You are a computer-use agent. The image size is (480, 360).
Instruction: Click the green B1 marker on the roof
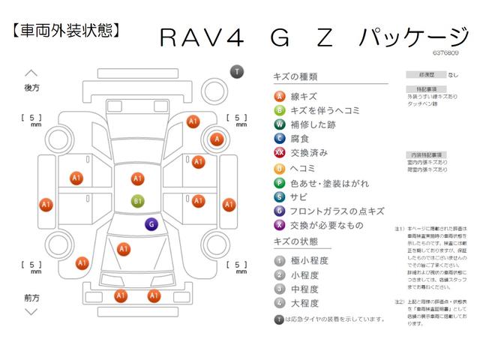[x=137, y=201]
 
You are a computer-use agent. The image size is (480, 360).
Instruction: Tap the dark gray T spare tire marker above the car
[x=237, y=71]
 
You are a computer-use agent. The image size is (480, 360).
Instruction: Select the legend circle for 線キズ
[x=279, y=96]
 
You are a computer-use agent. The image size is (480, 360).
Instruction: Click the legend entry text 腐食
[x=299, y=138]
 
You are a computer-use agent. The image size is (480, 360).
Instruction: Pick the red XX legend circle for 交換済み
[x=279, y=152]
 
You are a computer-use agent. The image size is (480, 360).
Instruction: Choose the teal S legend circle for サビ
[x=279, y=196]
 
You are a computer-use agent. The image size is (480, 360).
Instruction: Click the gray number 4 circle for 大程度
[x=279, y=303]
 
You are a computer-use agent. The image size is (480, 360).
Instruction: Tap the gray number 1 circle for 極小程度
[x=279, y=259]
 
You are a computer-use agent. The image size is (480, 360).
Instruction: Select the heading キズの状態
[x=296, y=241]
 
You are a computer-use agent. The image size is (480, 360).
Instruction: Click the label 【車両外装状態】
[x=66, y=31]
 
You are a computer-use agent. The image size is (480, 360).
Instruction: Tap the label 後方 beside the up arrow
[x=31, y=88]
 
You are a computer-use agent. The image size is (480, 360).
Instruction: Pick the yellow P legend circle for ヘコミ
[x=279, y=166]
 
